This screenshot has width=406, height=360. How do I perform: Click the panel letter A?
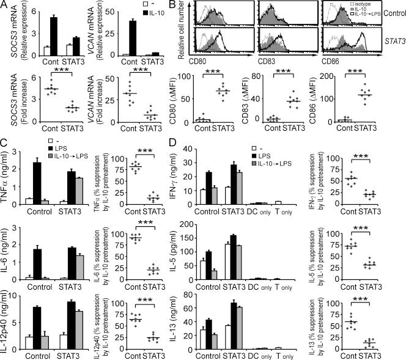click(x=5, y=6)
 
